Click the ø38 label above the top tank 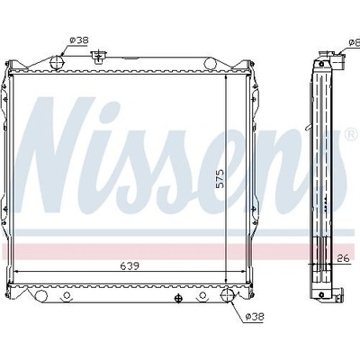click(79, 40)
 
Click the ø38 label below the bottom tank click(255, 316)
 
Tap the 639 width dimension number click(130, 265)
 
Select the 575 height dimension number click(220, 179)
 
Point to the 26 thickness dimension click(343, 258)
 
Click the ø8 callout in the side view click(355, 42)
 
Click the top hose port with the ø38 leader click(57, 62)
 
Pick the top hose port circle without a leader click(211, 63)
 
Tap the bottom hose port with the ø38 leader click(228, 295)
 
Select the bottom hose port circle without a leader click(41, 296)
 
